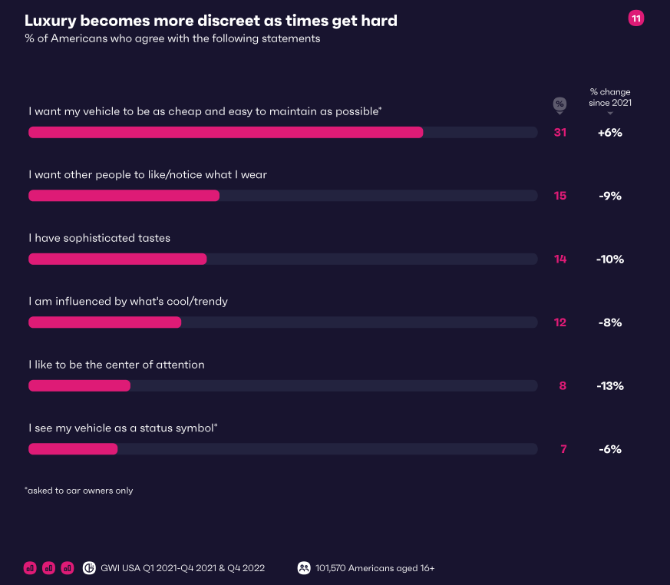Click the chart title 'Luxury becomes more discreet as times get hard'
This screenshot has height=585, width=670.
(211, 21)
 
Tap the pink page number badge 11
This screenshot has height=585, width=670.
(635, 18)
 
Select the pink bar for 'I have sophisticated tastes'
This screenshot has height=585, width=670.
(117, 259)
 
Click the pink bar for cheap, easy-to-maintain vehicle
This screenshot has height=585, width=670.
(226, 132)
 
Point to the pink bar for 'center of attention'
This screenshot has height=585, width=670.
(79, 385)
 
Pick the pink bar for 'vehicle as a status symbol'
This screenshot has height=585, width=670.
(73, 448)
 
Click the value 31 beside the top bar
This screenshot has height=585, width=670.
(560, 132)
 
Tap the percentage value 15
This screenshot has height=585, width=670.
(560, 196)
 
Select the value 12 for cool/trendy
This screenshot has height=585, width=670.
(560, 322)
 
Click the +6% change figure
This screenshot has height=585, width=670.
(610, 132)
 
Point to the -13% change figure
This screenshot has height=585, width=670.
(610, 385)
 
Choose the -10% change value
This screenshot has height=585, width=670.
(610, 259)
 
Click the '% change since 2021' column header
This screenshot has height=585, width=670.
(610, 97)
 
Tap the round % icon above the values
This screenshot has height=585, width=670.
(559, 104)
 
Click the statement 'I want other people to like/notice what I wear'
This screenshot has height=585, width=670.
(147, 174)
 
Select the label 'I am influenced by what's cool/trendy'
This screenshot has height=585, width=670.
(128, 301)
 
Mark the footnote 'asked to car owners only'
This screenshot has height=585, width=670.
(79, 490)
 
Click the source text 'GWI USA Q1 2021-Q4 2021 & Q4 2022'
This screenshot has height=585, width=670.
(183, 568)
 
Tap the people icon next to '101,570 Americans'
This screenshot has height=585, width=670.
(303, 568)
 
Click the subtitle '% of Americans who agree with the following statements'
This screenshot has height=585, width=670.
(173, 38)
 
